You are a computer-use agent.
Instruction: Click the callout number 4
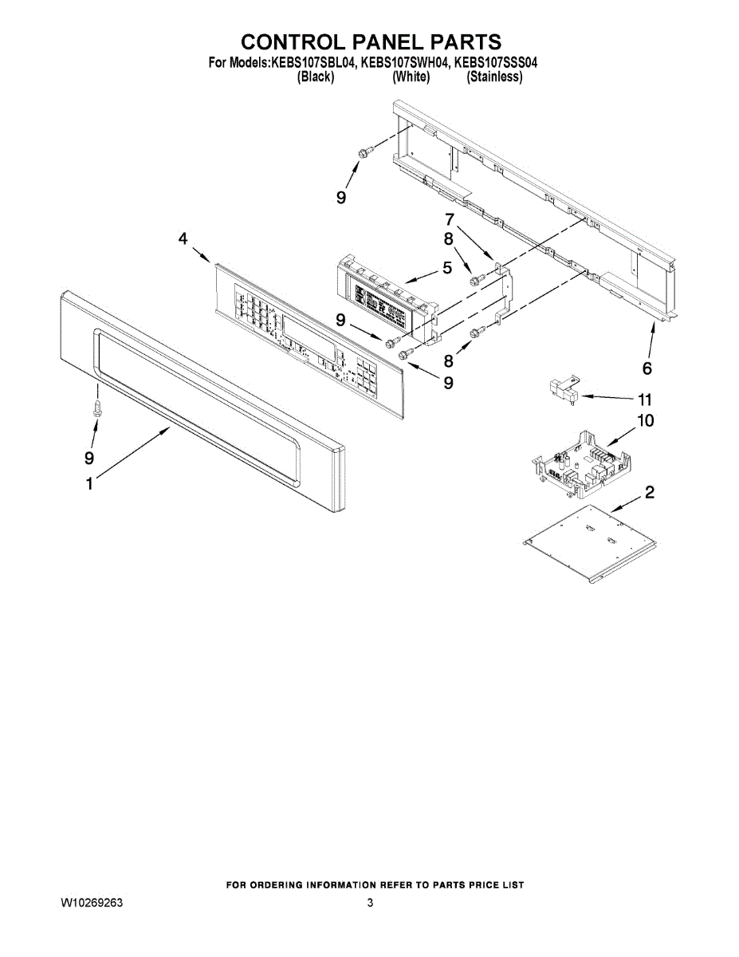click(x=183, y=238)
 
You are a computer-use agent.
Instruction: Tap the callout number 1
click(x=89, y=483)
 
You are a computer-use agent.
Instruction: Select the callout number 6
click(x=647, y=368)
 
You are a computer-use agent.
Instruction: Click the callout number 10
click(x=645, y=420)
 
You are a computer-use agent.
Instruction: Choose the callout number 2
click(x=650, y=492)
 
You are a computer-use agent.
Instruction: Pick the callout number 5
click(x=447, y=268)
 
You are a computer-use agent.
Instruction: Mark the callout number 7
click(x=449, y=219)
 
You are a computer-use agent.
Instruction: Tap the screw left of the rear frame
click(x=363, y=152)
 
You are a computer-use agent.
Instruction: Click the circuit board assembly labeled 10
click(x=580, y=463)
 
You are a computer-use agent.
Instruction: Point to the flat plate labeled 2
click(x=590, y=542)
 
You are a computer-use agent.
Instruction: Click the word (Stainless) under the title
click(x=494, y=77)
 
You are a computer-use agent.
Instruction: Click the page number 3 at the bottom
click(x=370, y=903)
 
